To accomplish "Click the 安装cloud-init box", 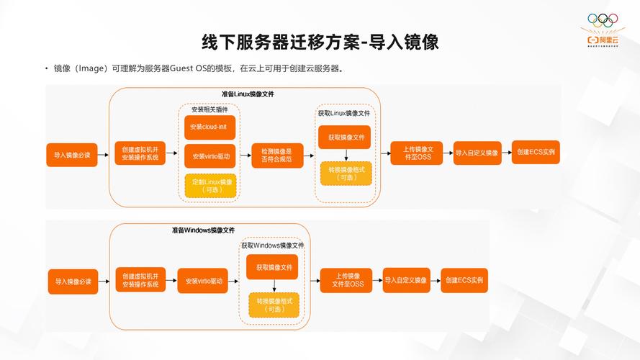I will [210, 127].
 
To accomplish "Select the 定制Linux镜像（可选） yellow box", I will [210, 186].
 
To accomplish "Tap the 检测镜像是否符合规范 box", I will [277, 156].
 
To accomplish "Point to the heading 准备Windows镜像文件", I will [203, 230].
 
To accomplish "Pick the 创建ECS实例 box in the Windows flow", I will [464, 280].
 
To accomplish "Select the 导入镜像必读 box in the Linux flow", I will [72, 156].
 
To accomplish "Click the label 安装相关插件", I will [209, 109].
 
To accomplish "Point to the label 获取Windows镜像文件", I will [273, 246].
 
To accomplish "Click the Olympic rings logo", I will [603, 20].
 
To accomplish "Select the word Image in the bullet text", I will [93, 69].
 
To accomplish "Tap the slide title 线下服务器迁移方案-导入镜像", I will [320, 42].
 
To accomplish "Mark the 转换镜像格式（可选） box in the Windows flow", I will [273, 305].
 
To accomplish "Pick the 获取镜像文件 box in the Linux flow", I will [346, 137].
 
